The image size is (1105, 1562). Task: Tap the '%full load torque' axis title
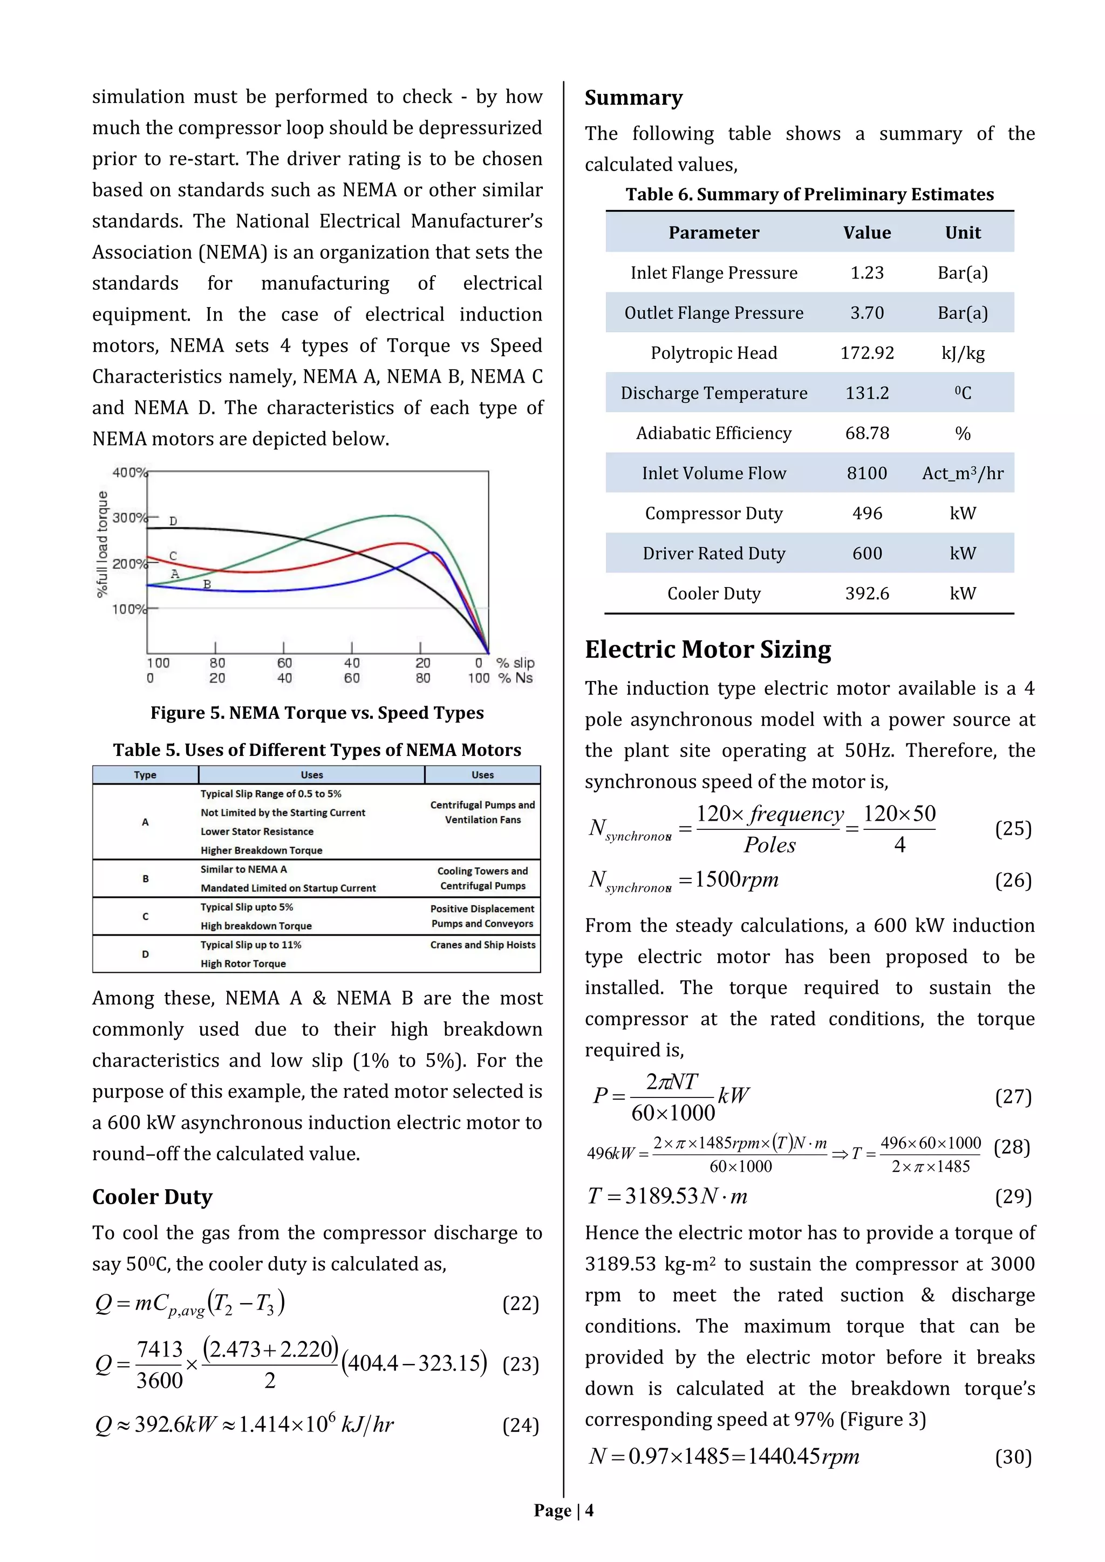coord(103,544)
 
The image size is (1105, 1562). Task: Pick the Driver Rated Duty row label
coord(713,553)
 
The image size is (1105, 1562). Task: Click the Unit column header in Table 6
coord(962,233)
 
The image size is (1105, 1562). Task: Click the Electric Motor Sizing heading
coord(708,649)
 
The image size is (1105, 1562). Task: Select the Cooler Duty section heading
coord(152,1196)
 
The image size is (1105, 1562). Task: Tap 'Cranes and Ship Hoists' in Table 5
coord(482,944)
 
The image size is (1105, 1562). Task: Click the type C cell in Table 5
coord(145,916)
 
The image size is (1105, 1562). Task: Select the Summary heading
coord(633,98)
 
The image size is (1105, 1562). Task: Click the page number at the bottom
coord(563,1510)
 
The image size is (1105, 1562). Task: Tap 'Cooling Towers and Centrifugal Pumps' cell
coord(482,878)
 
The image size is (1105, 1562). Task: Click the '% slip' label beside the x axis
coord(515,663)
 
